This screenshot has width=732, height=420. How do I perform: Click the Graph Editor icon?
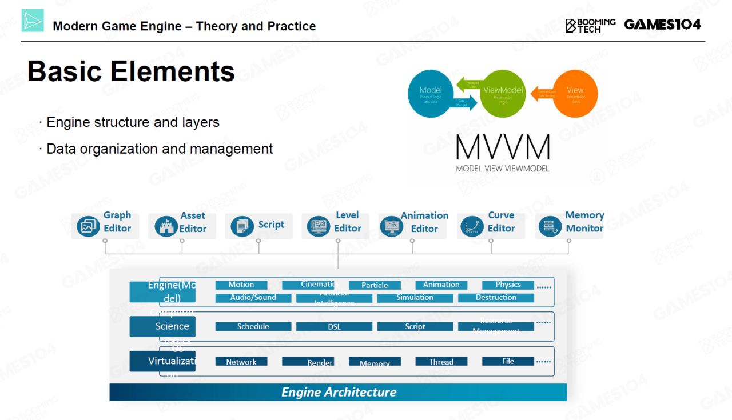(x=88, y=226)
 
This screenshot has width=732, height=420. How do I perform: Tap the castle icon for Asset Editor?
(x=165, y=226)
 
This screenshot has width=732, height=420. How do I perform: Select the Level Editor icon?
(x=317, y=226)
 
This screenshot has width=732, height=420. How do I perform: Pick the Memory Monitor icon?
(x=550, y=226)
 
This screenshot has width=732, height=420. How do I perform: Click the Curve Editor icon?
(x=472, y=226)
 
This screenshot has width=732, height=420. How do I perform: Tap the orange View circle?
(x=575, y=93)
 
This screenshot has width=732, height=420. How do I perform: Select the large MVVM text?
(x=503, y=147)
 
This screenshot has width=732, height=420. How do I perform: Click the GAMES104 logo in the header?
(x=662, y=25)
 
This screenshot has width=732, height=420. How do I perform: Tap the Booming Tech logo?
(x=590, y=25)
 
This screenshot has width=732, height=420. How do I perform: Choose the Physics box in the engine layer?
(x=508, y=285)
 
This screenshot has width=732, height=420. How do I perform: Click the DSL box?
(x=334, y=327)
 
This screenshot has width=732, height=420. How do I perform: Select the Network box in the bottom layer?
(x=241, y=362)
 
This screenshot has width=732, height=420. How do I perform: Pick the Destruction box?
(x=496, y=298)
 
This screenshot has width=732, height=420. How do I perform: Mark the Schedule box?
(x=253, y=327)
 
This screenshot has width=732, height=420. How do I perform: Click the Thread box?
(x=441, y=362)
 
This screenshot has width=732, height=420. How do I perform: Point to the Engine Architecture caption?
(x=339, y=393)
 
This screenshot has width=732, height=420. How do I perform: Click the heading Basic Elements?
(x=131, y=72)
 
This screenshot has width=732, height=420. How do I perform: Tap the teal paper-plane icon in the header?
(x=33, y=21)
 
